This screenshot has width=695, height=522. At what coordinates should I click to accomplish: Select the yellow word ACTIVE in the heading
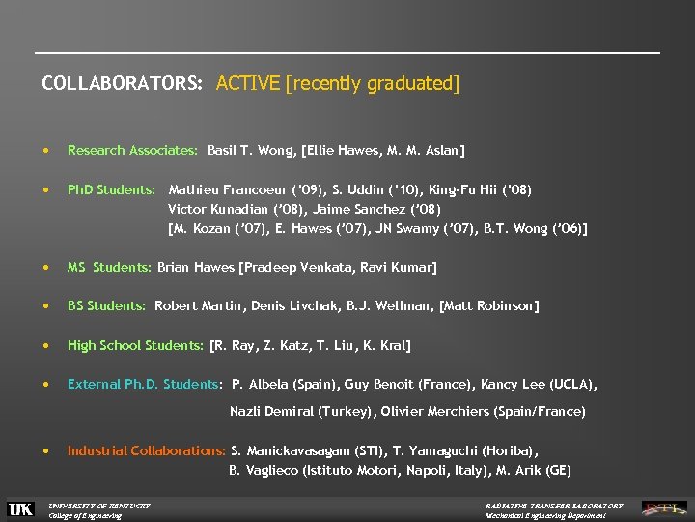(x=248, y=84)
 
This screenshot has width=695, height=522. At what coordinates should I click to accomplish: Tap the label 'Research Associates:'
(x=133, y=150)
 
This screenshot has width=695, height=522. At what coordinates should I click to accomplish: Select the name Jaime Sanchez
(x=370, y=209)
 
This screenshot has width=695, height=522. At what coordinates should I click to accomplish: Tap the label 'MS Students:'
(x=109, y=267)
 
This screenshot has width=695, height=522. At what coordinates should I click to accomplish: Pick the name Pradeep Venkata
(x=292, y=267)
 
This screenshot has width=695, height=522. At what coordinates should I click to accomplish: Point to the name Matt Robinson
(x=491, y=305)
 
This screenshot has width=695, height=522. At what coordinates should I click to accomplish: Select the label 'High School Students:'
(x=135, y=345)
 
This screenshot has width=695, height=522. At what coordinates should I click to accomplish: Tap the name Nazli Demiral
(x=271, y=411)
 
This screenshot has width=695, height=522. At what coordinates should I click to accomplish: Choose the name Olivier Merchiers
(x=435, y=411)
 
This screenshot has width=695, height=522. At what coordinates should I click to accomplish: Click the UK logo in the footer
(x=20, y=508)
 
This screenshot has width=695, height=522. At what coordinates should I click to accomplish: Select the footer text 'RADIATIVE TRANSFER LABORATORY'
(x=554, y=505)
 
